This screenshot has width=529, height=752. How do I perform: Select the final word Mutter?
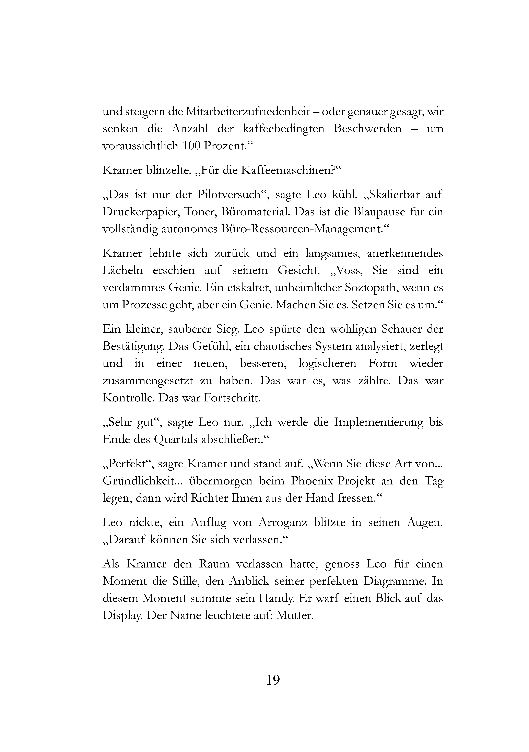point(294,615)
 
